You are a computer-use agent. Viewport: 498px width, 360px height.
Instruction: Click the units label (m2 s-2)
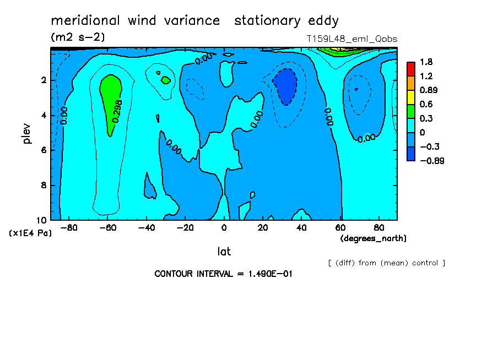77,37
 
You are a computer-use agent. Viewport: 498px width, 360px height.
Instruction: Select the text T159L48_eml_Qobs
351,39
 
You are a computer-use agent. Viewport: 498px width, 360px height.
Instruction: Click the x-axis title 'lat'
224,252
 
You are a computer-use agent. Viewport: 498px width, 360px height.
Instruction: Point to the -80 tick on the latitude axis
68,227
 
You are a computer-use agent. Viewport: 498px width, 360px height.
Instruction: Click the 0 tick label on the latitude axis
224,227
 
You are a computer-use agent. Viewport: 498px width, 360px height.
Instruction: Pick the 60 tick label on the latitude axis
340,227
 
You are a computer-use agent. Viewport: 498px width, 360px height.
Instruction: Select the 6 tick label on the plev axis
44,150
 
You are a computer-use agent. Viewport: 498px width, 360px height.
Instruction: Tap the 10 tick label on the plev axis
41,220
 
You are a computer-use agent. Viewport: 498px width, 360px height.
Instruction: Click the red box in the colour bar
410,68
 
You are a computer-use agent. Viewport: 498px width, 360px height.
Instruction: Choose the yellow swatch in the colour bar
410,97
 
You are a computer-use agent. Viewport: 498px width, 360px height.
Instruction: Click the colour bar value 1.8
426,62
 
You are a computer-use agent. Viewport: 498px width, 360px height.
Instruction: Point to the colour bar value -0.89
431,161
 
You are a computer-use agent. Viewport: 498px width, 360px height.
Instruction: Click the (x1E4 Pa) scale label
30,233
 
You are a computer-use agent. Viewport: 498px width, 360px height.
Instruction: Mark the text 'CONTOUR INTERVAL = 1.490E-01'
223,274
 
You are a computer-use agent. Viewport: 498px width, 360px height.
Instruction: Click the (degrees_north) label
373,238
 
